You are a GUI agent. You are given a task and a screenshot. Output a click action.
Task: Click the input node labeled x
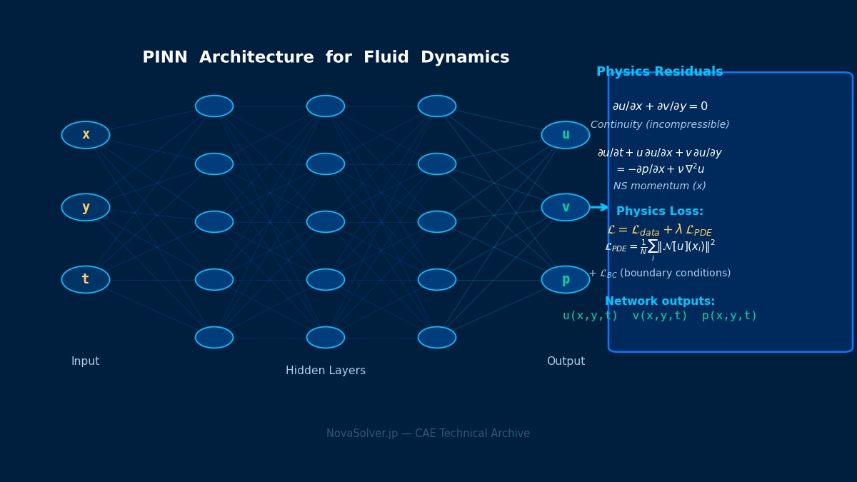click(x=86, y=135)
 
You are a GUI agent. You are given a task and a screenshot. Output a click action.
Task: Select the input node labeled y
click(x=86, y=207)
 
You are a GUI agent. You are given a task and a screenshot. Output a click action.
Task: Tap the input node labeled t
click(x=86, y=279)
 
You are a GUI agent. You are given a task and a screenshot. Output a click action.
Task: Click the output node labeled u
click(x=566, y=135)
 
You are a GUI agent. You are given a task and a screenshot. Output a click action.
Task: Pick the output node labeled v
click(x=566, y=207)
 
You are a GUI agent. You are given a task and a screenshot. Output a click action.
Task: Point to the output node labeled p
click(x=566, y=279)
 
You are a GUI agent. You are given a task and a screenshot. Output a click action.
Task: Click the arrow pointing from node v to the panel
click(x=600, y=207)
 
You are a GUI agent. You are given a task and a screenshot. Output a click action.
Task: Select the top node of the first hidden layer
click(x=214, y=106)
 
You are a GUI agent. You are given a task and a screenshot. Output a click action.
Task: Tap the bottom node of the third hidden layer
click(x=437, y=337)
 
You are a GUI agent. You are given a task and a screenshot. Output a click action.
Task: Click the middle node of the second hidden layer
click(x=326, y=221)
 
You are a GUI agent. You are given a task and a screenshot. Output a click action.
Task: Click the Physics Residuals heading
click(x=659, y=72)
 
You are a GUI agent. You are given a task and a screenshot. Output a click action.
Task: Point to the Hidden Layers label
click(x=326, y=371)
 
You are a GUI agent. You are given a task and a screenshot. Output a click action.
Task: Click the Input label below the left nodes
click(x=86, y=361)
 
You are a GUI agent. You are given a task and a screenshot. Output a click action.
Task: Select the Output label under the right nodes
click(x=566, y=361)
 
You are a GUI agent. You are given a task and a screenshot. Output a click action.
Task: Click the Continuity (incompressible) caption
click(x=660, y=125)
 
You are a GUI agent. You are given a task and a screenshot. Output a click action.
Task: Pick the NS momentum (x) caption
click(x=660, y=186)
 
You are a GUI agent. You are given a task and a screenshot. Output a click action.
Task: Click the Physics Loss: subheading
click(x=660, y=211)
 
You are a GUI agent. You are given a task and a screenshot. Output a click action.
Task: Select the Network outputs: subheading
click(x=660, y=301)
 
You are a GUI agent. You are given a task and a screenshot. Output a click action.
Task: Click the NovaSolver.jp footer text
click(x=428, y=433)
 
